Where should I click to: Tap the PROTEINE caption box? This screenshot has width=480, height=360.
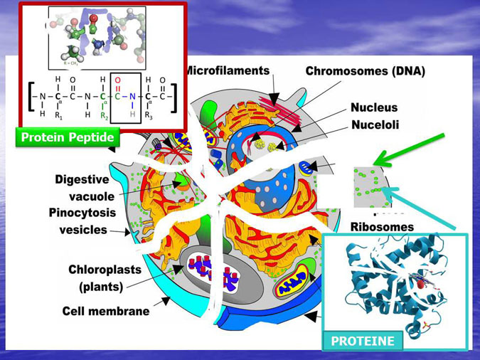click(x=363, y=341)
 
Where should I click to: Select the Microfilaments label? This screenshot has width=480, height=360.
click(x=228, y=71)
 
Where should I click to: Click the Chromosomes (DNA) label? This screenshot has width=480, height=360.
click(x=365, y=71)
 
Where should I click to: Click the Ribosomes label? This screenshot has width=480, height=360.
click(x=382, y=227)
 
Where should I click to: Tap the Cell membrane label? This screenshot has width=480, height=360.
click(x=106, y=311)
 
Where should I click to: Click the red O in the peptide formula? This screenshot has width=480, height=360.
click(x=118, y=80)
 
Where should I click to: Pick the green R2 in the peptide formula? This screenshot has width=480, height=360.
click(x=104, y=115)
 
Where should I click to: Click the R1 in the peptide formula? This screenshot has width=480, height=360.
click(x=59, y=115)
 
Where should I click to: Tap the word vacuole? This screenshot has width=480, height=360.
click(x=90, y=196)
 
